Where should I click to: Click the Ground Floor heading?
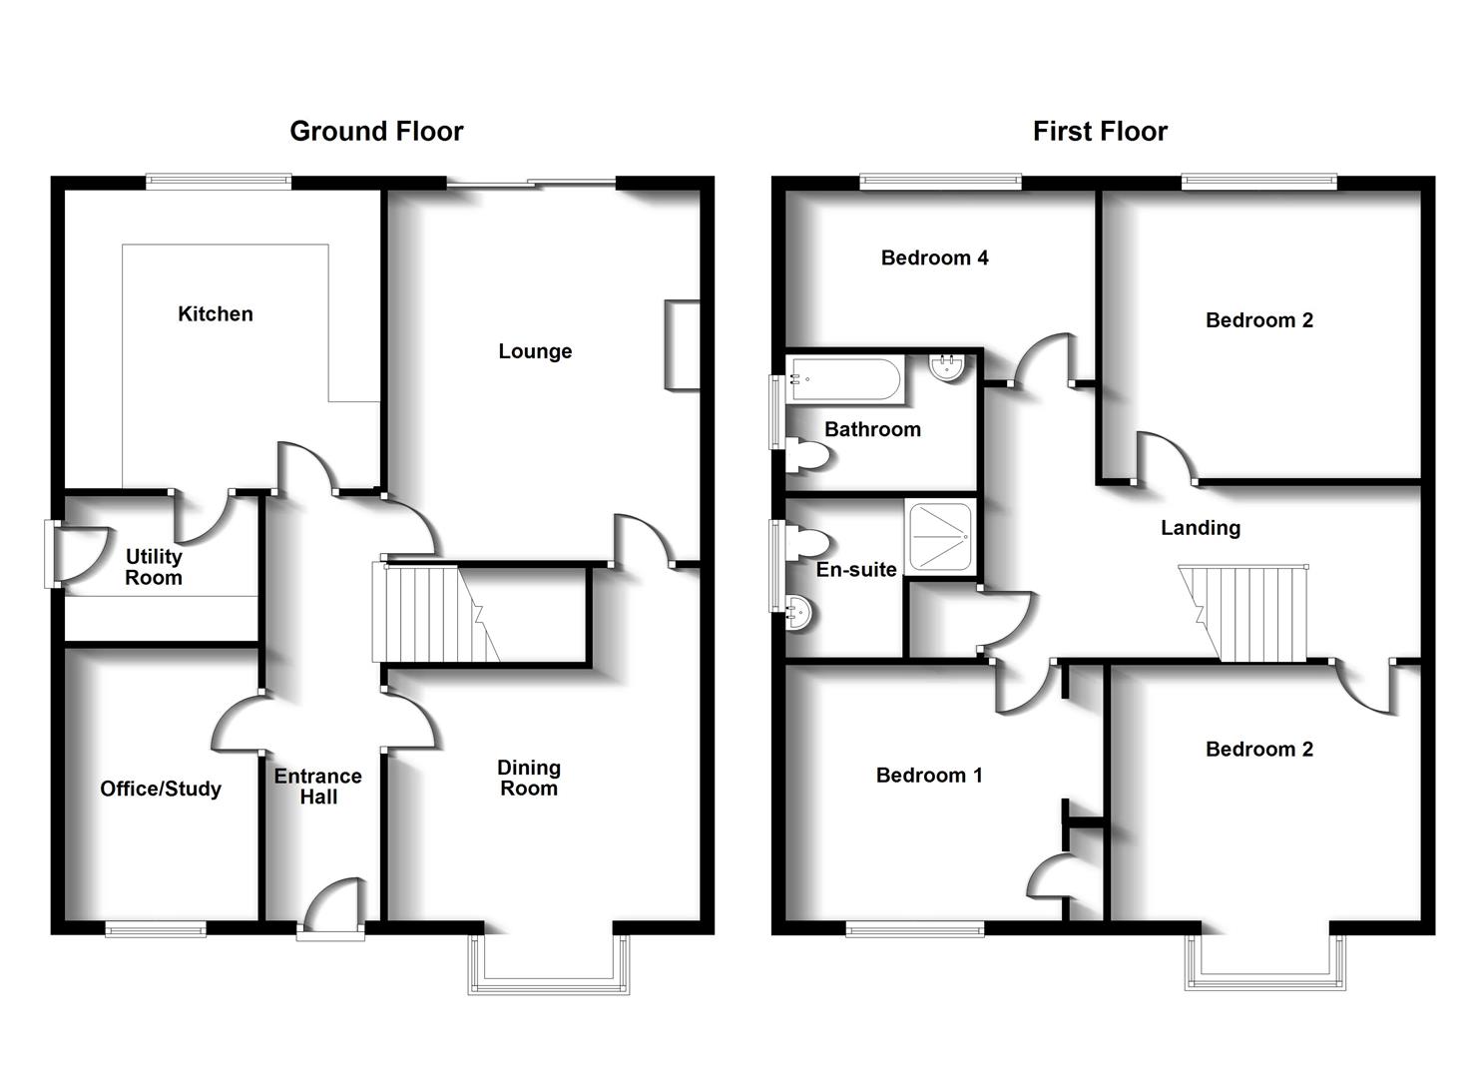tap(376, 131)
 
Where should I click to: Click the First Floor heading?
tap(1099, 131)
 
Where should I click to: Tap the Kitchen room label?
tap(215, 313)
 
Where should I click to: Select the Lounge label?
tap(535, 351)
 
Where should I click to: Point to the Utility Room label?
tap(154, 567)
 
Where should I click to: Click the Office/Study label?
tap(161, 789)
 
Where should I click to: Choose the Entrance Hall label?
tap(318, 787)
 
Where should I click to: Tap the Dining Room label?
tap(529, 778)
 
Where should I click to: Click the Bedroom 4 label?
tap(934, 258)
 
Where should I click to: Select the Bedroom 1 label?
tap(928, 775)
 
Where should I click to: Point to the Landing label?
tap(1200, 528)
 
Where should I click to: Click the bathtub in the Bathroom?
tap(845, 379)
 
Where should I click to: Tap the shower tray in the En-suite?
tap(938, 535)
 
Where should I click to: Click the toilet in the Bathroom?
tap(808, 456)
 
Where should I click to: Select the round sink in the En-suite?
tap(799, 612)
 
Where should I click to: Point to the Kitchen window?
tap(218, 182)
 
